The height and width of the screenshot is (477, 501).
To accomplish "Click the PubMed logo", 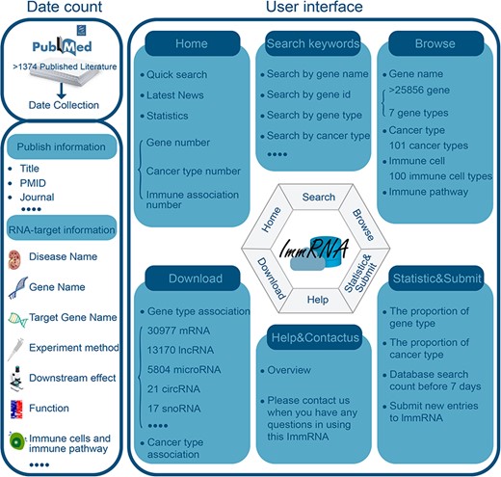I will pyautogui.click(x=61, y=46).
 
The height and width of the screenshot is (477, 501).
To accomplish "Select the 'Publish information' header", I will pyautogui.click(x=61, y=146).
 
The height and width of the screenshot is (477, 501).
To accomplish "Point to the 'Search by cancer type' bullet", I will pyautogui.click(x=319, y=136).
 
